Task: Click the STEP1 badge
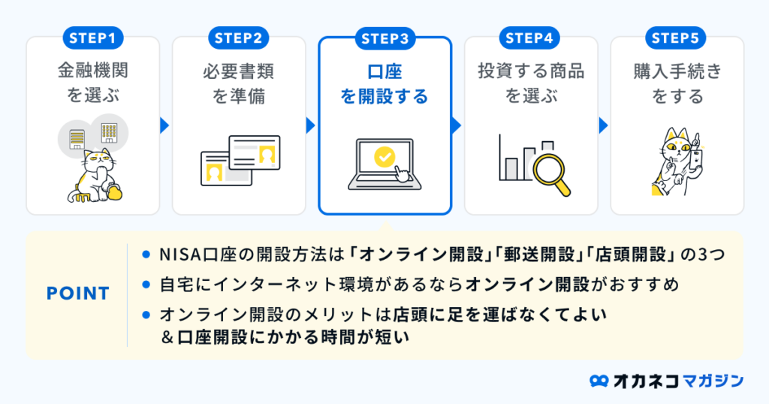coord(93,38)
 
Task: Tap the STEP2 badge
coord(239,38)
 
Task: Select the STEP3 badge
coord(385,38)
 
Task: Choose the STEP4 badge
coord(530,38)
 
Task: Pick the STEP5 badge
coord(677,38)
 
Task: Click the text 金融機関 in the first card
coord(93,71)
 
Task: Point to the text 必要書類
coord(239,71)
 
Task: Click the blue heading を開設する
coord(384,97)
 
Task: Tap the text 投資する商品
coord(531,71)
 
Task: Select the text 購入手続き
coord(677,71)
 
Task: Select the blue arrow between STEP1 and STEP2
coord(164,125)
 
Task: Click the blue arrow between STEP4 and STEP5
coord(602,125)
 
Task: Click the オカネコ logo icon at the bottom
coord(599,381)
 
